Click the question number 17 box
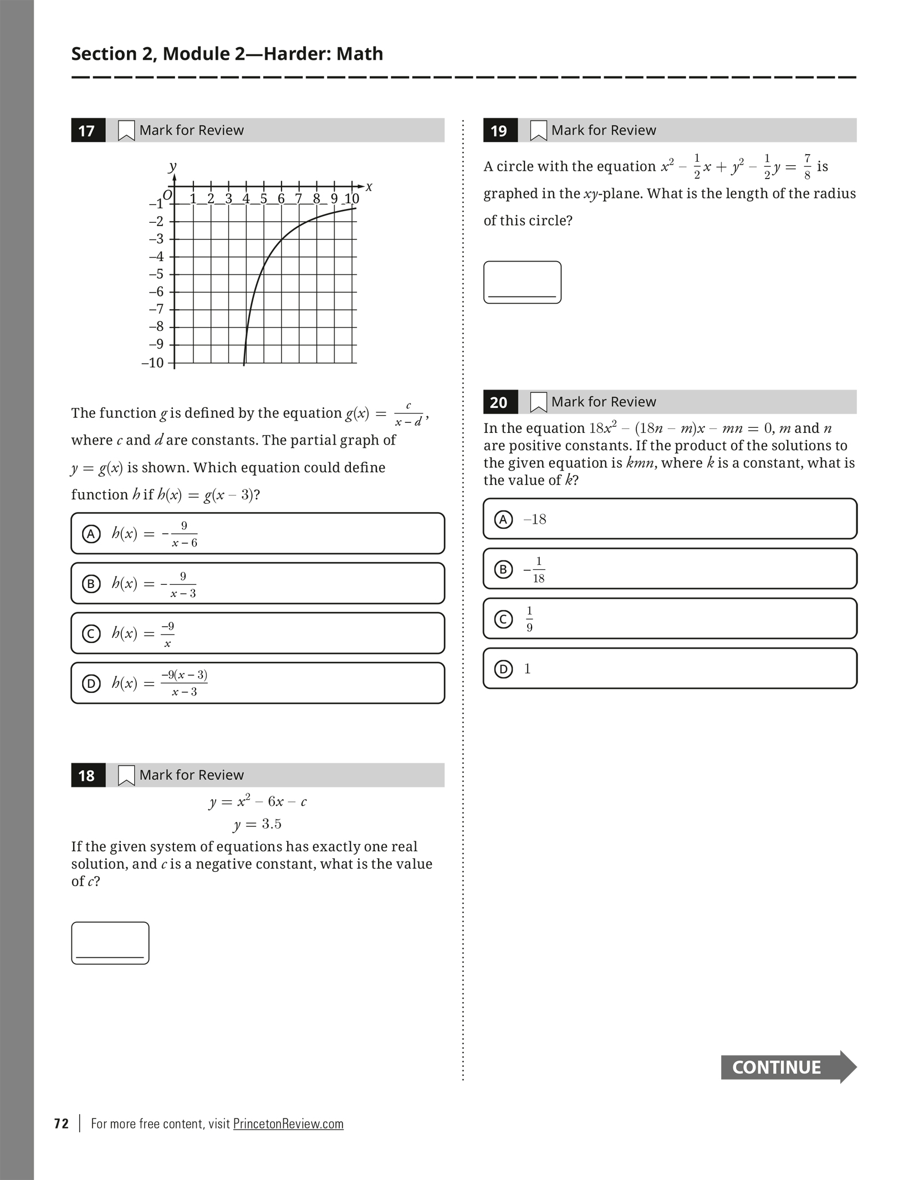click(88, 131)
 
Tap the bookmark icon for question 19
click(538, 131)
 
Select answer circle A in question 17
click(91, 534)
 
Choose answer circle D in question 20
click(503, 669)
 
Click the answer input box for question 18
click(110, 943)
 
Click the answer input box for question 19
click(522, 282)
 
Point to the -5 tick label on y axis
click(156, 274)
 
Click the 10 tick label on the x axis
click(351, 198)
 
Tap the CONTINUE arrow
click(788, 1067)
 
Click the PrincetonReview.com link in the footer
click(288, 1123)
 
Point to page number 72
click(62, 1123)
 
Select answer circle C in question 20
click(503, 619)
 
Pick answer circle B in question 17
click(91, 584)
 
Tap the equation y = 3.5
click(257, 824)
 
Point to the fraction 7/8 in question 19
click(807, 167)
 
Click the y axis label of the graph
click(173, 166)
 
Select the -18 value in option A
click(535, 519)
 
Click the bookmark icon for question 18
click(126, 775)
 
